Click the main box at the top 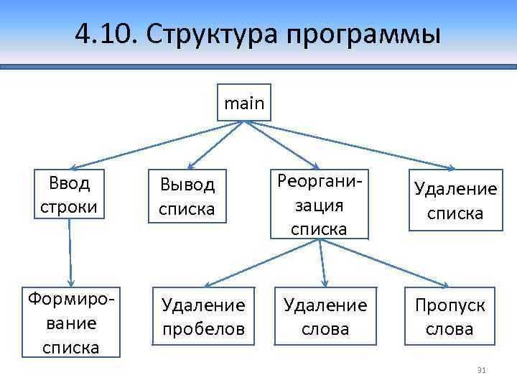(244, 103)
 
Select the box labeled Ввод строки (70, 193)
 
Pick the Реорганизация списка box (320, 203)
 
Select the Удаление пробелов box (203, 317)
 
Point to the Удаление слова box (325, 317)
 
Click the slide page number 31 (482, 370)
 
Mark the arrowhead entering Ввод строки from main (74, 166)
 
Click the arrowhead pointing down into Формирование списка (71, 283)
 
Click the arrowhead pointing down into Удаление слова (325, 285)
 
